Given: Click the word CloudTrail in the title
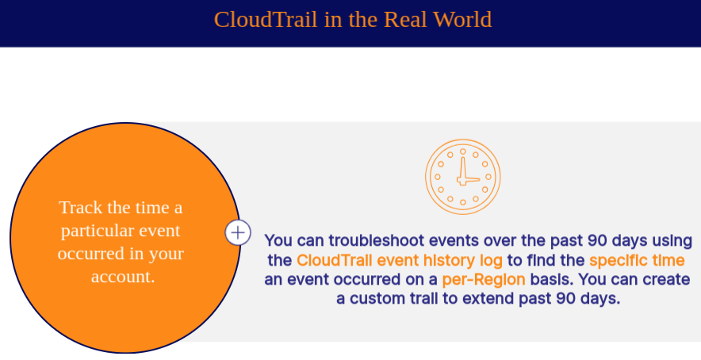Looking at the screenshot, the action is [266, 20].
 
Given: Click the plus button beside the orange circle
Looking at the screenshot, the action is [238, 232].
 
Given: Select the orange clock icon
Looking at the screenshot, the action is [463, 177].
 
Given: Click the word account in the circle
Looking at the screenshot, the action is [123, 277].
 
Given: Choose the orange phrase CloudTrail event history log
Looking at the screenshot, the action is [399, 260].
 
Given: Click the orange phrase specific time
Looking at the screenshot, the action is [637, 260].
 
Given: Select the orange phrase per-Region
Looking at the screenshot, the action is [484, 279].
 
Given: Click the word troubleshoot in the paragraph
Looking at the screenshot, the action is [377, 240].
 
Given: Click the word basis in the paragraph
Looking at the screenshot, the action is [552, 279].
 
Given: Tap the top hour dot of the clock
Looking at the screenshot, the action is [463, 151].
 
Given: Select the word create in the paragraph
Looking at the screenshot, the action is [666, 279].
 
